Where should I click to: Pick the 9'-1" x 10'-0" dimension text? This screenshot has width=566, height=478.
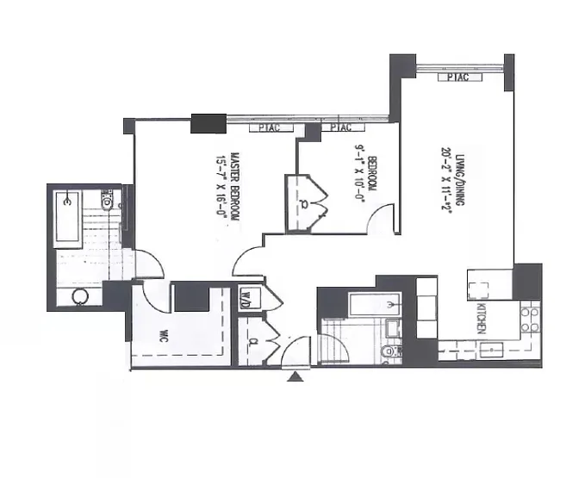(x=358, y=173)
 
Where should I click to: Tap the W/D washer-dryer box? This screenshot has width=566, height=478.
(x=246, y=299)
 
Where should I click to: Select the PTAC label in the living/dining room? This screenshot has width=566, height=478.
(x=458, y=78)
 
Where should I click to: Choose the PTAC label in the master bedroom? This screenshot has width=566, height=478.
(x=264, y=128)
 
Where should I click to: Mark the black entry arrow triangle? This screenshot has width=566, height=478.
(x=297, y=375)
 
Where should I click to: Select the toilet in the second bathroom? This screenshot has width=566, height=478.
(x=388, y=351)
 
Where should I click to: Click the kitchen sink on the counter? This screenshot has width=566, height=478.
(x=492, y=350)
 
